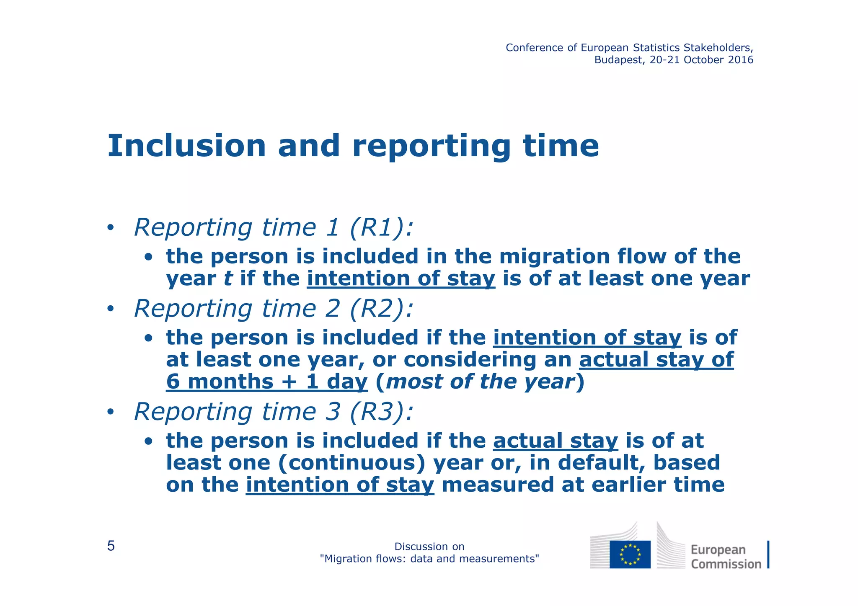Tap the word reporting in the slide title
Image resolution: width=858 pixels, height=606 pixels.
pos(432,147)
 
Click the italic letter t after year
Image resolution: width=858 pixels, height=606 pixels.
pos(227,279)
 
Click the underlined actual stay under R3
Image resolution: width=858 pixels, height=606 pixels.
pos(556,441)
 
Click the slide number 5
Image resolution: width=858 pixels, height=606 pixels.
pos(111,546)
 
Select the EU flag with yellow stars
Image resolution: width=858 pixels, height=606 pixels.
pos(630,554)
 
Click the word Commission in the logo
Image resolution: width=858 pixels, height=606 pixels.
pos(726,564)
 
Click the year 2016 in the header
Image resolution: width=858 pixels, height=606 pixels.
pos(741,60)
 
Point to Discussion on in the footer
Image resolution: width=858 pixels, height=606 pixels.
pos(429,547)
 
